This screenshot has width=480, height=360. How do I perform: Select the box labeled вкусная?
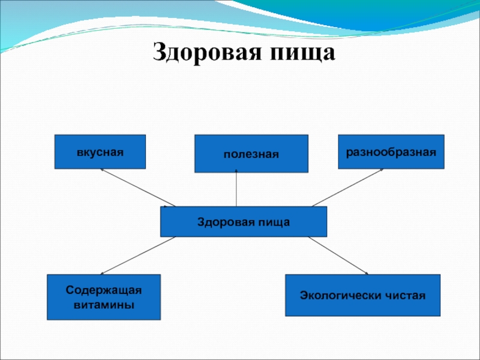click(x=100, y=151)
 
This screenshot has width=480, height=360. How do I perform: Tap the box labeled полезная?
click(x=251, y=154)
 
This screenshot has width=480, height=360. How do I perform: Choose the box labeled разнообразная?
click(x=391, y=151)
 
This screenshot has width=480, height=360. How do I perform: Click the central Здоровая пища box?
click(x=243, y=221)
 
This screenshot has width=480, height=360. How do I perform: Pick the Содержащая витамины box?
click(x=104, y=297)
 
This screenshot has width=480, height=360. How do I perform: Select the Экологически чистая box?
click(x=362, y=295)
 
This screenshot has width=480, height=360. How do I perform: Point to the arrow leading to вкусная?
click(x=138, y=188)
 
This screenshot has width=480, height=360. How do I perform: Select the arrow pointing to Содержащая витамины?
click(x=132, y=256)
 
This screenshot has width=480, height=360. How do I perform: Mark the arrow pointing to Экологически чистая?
click(x=338, y=256)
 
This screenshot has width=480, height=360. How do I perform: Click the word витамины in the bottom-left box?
click(x=104, y=304)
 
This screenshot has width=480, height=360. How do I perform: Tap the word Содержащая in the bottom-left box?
click(x=104, y=290)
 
